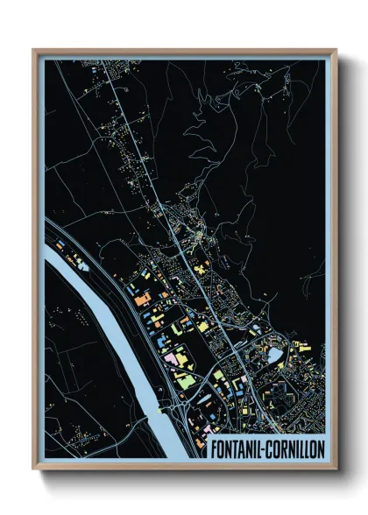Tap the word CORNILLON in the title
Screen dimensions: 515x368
pyautogui.click(x=294, y=447)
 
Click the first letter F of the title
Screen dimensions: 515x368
pyautogui.click(x=215, y=447)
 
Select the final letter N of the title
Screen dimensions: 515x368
pyautogui.click(x=321, y=447)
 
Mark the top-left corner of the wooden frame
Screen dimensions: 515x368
pyautogui.click(x=34, y=50)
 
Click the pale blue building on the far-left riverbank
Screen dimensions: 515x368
pyautogui.click(x=63, y=260)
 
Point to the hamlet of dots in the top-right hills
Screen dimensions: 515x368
pyautogui.click(x=285, y=83)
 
